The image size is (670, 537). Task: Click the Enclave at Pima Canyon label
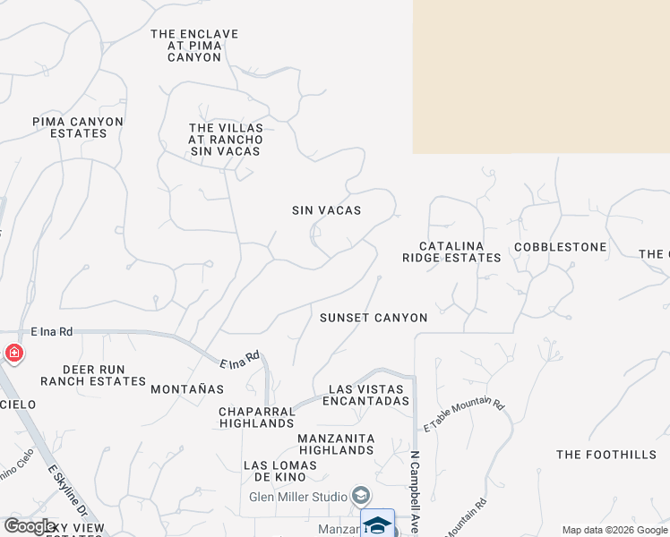pos(194,46)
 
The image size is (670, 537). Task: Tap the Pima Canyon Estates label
pos(78,127)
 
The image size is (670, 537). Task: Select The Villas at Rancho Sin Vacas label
pos(226,140)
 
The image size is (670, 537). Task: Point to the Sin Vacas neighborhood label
pos(326,210)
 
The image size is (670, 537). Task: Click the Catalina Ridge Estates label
pos(451,251)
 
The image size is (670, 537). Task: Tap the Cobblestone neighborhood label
pos(560,247)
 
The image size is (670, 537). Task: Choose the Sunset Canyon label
pos(374,318)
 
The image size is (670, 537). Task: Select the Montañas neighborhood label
pos(187,389)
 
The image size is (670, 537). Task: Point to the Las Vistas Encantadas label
pos(369,395)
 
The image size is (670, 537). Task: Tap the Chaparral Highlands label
pos(256,417)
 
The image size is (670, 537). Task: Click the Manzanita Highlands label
pos(336,444)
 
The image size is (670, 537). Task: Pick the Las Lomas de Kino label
pos(280,472)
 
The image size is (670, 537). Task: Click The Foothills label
pos(606,455)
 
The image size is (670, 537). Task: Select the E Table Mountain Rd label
pos(464,416)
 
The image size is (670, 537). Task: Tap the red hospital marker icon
pos(13,354)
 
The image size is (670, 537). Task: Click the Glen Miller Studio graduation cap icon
pos(361,496)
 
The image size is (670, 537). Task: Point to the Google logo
pos(30,526)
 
